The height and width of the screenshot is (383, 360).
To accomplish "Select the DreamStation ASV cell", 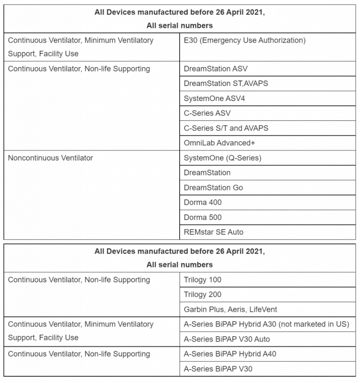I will click(216, 69).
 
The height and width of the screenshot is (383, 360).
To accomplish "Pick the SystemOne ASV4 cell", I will click(214, 99).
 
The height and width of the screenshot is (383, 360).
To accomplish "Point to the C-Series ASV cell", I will click(207, 113).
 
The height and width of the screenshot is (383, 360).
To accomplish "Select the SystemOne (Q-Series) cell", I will click(223, 158).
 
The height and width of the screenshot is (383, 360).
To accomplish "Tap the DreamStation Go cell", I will click(213, 188).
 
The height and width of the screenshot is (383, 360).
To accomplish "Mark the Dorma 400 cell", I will click(203, 202).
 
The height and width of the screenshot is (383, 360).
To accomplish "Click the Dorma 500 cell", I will click(203, 217).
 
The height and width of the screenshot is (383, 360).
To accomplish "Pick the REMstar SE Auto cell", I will click(214, 232).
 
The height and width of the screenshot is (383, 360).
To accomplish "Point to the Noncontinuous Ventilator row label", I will click(51, 158).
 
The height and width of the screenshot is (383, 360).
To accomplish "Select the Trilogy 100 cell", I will click(203, 280).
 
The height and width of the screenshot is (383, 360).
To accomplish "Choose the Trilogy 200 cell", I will click(203, 295).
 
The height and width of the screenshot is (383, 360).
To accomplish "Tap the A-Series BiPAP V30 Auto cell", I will click(227, 339).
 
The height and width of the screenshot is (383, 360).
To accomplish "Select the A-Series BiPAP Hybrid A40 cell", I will click(230, 354).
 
